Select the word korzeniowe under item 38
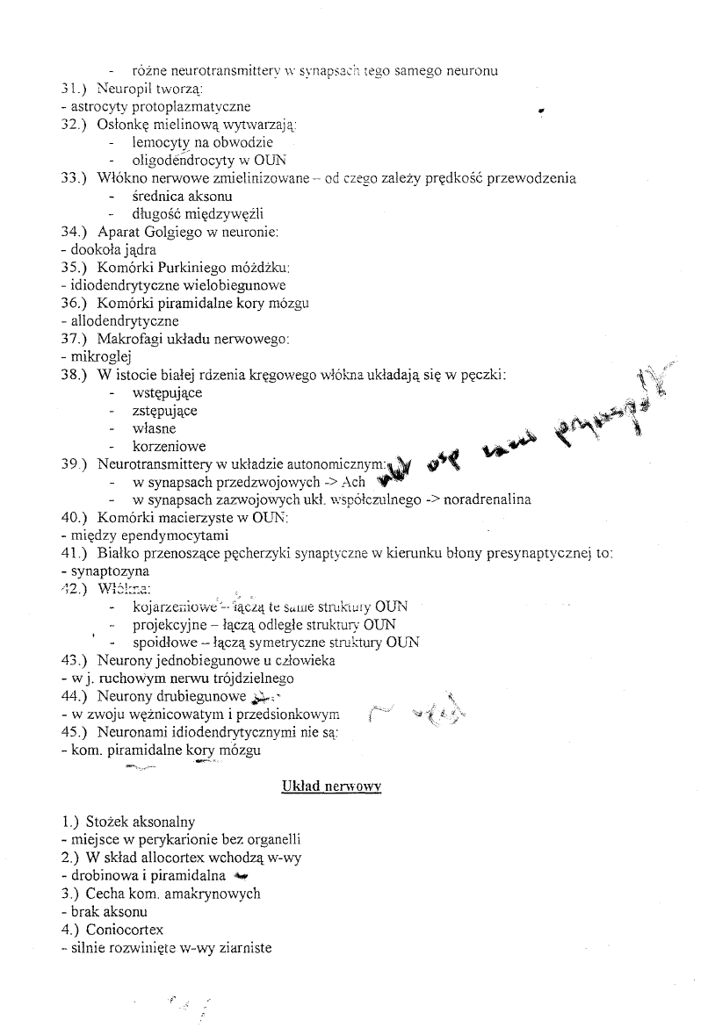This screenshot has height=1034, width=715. coord(169,447)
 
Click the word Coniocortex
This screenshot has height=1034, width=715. coord(125,930)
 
